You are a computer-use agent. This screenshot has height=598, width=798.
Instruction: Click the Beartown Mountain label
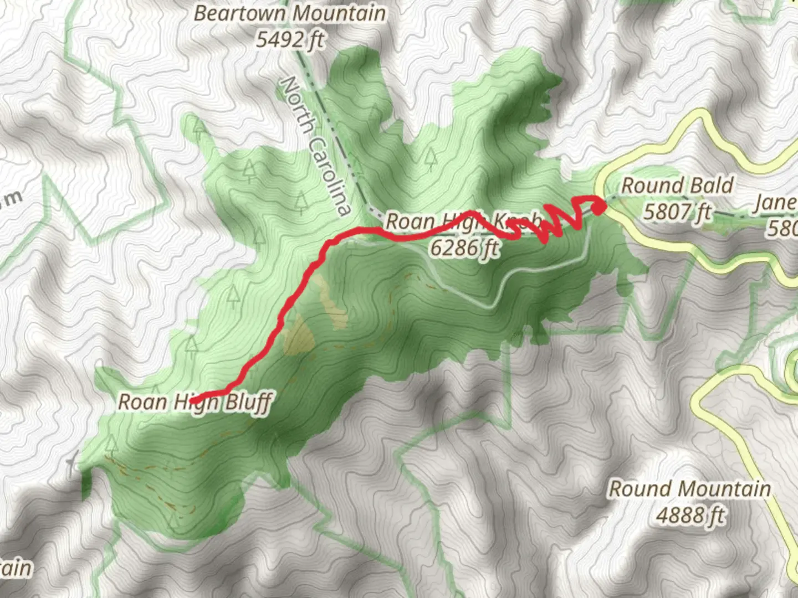tap(289, 14)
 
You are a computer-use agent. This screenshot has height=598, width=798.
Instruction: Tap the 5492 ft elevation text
tap(289, 40)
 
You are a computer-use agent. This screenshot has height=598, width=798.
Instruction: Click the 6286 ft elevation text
tap(464, 248)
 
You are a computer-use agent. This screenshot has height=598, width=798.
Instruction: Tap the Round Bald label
tap(677, 186)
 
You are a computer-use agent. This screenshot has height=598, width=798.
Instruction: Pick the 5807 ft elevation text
tap(677, 212)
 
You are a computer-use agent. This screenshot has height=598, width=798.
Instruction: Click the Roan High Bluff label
tap(195, 402)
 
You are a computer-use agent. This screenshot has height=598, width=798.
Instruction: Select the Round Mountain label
tap(690, 489)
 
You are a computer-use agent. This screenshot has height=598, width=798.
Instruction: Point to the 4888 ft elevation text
tap(690, 515)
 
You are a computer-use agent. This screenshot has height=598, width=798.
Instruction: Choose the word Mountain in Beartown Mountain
tap(340, 14)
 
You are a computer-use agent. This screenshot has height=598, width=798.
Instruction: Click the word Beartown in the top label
tap(241, 14)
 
